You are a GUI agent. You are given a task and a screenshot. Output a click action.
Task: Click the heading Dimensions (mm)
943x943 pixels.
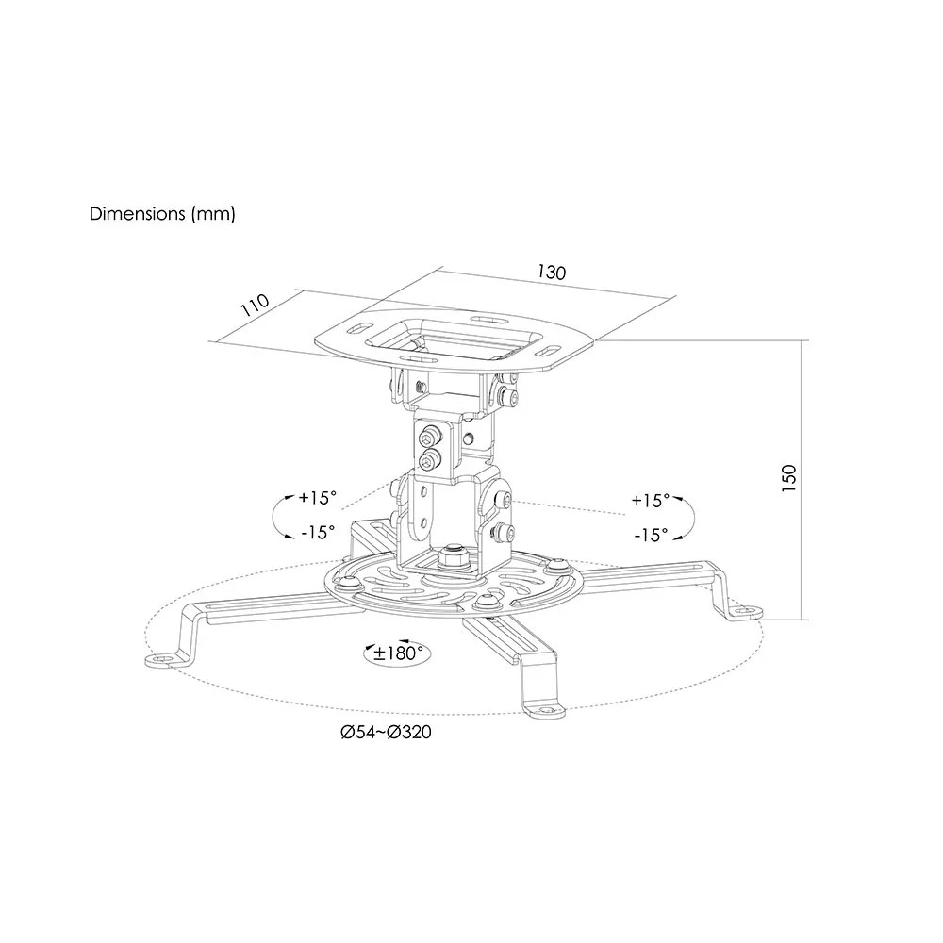point(162,214)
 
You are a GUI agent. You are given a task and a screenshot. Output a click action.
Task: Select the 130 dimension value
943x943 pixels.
point(552,273)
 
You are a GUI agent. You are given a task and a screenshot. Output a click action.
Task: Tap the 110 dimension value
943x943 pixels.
point(255,305)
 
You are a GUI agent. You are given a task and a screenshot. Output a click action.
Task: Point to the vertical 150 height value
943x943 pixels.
point(788,479)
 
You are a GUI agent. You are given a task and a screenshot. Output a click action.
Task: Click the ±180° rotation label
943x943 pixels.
point(398,653)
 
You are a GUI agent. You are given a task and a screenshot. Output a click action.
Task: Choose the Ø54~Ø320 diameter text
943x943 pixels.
point(386,732)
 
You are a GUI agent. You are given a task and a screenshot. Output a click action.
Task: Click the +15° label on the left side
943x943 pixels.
point(318,498)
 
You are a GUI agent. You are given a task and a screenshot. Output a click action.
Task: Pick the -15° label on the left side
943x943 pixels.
point(318,532)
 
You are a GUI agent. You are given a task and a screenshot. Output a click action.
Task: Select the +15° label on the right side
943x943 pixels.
point(650,501)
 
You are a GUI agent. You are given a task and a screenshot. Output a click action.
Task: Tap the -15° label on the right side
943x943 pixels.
point(651,535)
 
